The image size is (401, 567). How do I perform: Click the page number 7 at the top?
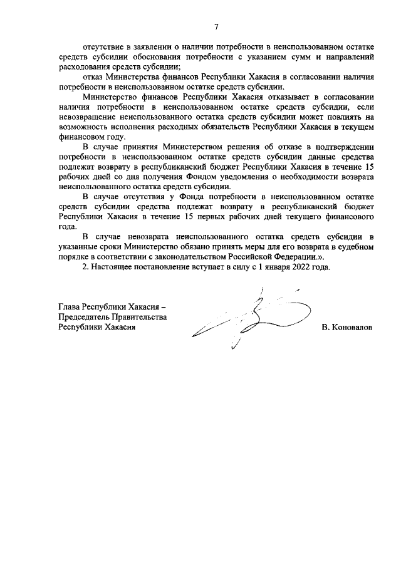coord(216,26)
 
